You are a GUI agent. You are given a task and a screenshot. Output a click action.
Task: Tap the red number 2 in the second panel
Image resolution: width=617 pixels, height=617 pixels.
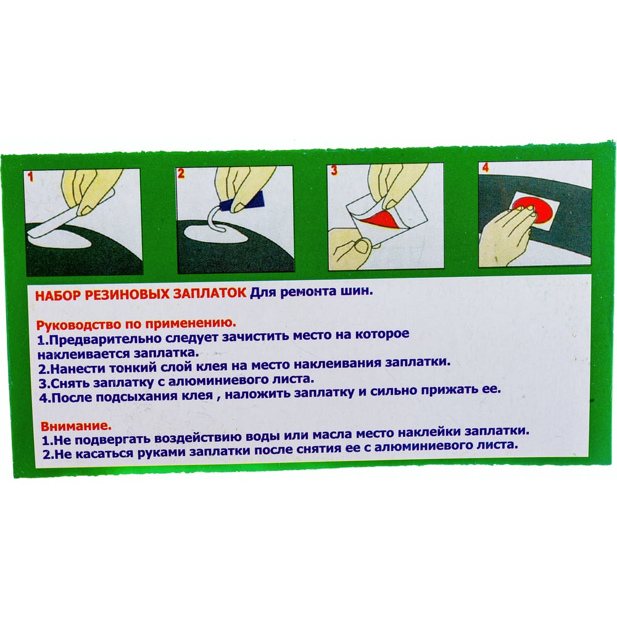[x=181, y=173]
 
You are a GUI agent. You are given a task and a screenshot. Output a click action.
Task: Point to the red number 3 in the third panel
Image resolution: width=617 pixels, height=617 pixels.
[x=334, y=170]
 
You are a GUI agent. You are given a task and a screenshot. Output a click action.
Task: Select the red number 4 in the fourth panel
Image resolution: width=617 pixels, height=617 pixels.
[x=485, y=167]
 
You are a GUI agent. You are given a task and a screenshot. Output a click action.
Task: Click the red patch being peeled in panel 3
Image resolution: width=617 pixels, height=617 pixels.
[x=382, y=220]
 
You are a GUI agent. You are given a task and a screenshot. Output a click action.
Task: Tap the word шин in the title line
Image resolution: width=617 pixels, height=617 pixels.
[x=355, y=292]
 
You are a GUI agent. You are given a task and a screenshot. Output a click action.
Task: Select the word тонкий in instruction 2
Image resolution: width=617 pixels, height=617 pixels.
[x=130, y=368]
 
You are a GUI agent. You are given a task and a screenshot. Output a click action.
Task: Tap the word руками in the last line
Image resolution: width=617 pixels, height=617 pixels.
[x=162, y=452]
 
